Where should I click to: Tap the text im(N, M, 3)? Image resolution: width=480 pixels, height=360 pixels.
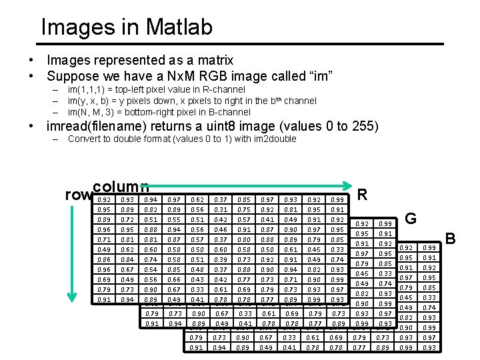(94, 112)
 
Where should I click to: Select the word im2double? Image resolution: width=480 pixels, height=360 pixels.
(272, 139)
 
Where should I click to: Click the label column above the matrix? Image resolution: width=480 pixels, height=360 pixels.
(121, 187)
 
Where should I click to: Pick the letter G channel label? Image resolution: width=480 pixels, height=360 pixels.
(411, 218)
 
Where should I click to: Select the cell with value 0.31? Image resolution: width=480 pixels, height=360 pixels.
(220, 209)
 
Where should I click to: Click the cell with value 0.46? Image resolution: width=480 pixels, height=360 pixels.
(220, 229)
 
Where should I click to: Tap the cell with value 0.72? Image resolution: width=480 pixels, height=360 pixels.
(128, 219)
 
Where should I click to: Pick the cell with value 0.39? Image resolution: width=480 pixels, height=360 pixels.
(220, 259)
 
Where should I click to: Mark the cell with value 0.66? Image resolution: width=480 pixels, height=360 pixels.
(174, 279)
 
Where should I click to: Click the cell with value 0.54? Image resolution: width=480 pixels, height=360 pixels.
(151, 269)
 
